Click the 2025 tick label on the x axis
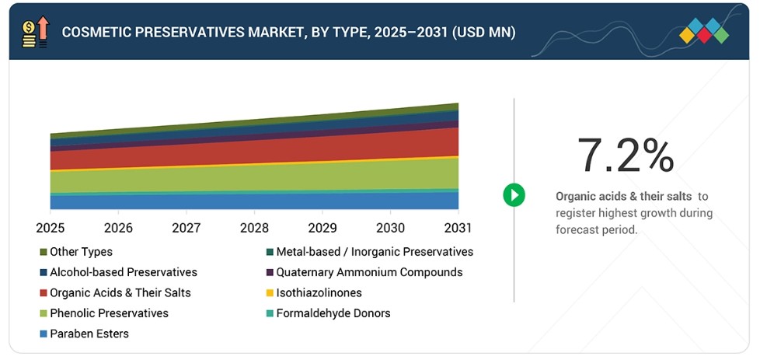click(x=50, y=228)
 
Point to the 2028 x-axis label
click(x=254, y=228)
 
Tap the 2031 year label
click(x=458, y=228)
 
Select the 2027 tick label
click(x=187, y=228)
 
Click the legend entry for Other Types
click(x=76, y=252)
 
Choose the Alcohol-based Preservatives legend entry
click(x=118, y=272)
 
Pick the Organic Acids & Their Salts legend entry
click(x=115, y=292)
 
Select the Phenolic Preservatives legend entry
click(x=104, y=313)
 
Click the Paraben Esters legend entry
click(x=85, y=334)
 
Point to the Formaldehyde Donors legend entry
click(x=328, y=313)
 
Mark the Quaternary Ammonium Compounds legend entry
click(x=364, y=272)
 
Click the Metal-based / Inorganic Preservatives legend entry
click(x=370, y=252)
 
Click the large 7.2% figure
click(x=626, y=156)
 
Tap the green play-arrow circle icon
click(x=514, y=195)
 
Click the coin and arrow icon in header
click(x=36, y=32)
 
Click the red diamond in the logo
click(x=704, y=35)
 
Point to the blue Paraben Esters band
click(x=254, y=201)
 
